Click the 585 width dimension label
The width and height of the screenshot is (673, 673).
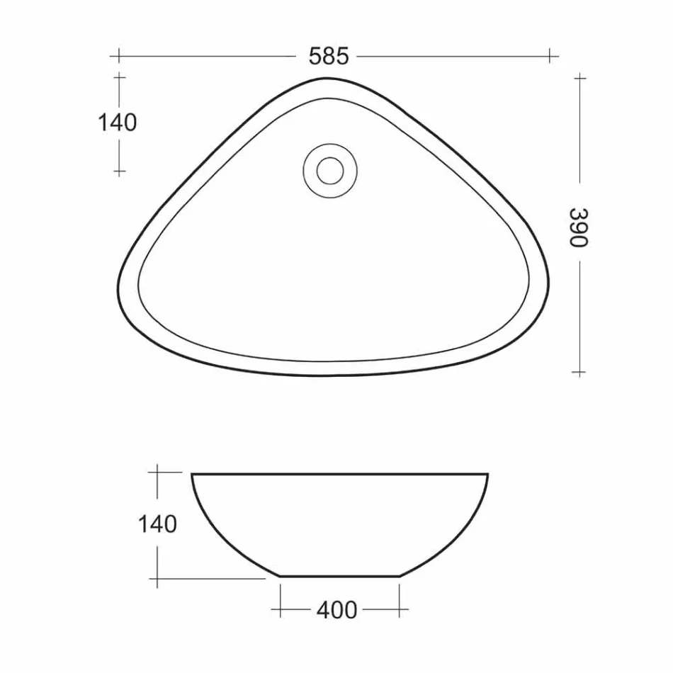point(329,56)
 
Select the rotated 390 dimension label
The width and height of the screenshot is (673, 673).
point(579,227)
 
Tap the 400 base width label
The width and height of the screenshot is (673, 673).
point(337,609)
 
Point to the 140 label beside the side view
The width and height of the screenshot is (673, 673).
point(157,525)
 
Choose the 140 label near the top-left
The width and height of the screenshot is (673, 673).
point(117,123)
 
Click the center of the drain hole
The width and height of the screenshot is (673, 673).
point(329,170)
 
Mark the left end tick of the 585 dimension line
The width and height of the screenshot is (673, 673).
point(118,55)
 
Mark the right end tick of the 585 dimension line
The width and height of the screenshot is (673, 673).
point(551,55)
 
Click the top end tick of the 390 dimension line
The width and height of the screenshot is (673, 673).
point(579,77)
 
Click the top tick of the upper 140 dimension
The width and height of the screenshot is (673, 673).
point(119,76)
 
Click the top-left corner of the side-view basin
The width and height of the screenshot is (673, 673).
point(193,474)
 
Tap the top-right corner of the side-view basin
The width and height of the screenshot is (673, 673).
point(487,474)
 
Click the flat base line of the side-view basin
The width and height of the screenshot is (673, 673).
point(340,576)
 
